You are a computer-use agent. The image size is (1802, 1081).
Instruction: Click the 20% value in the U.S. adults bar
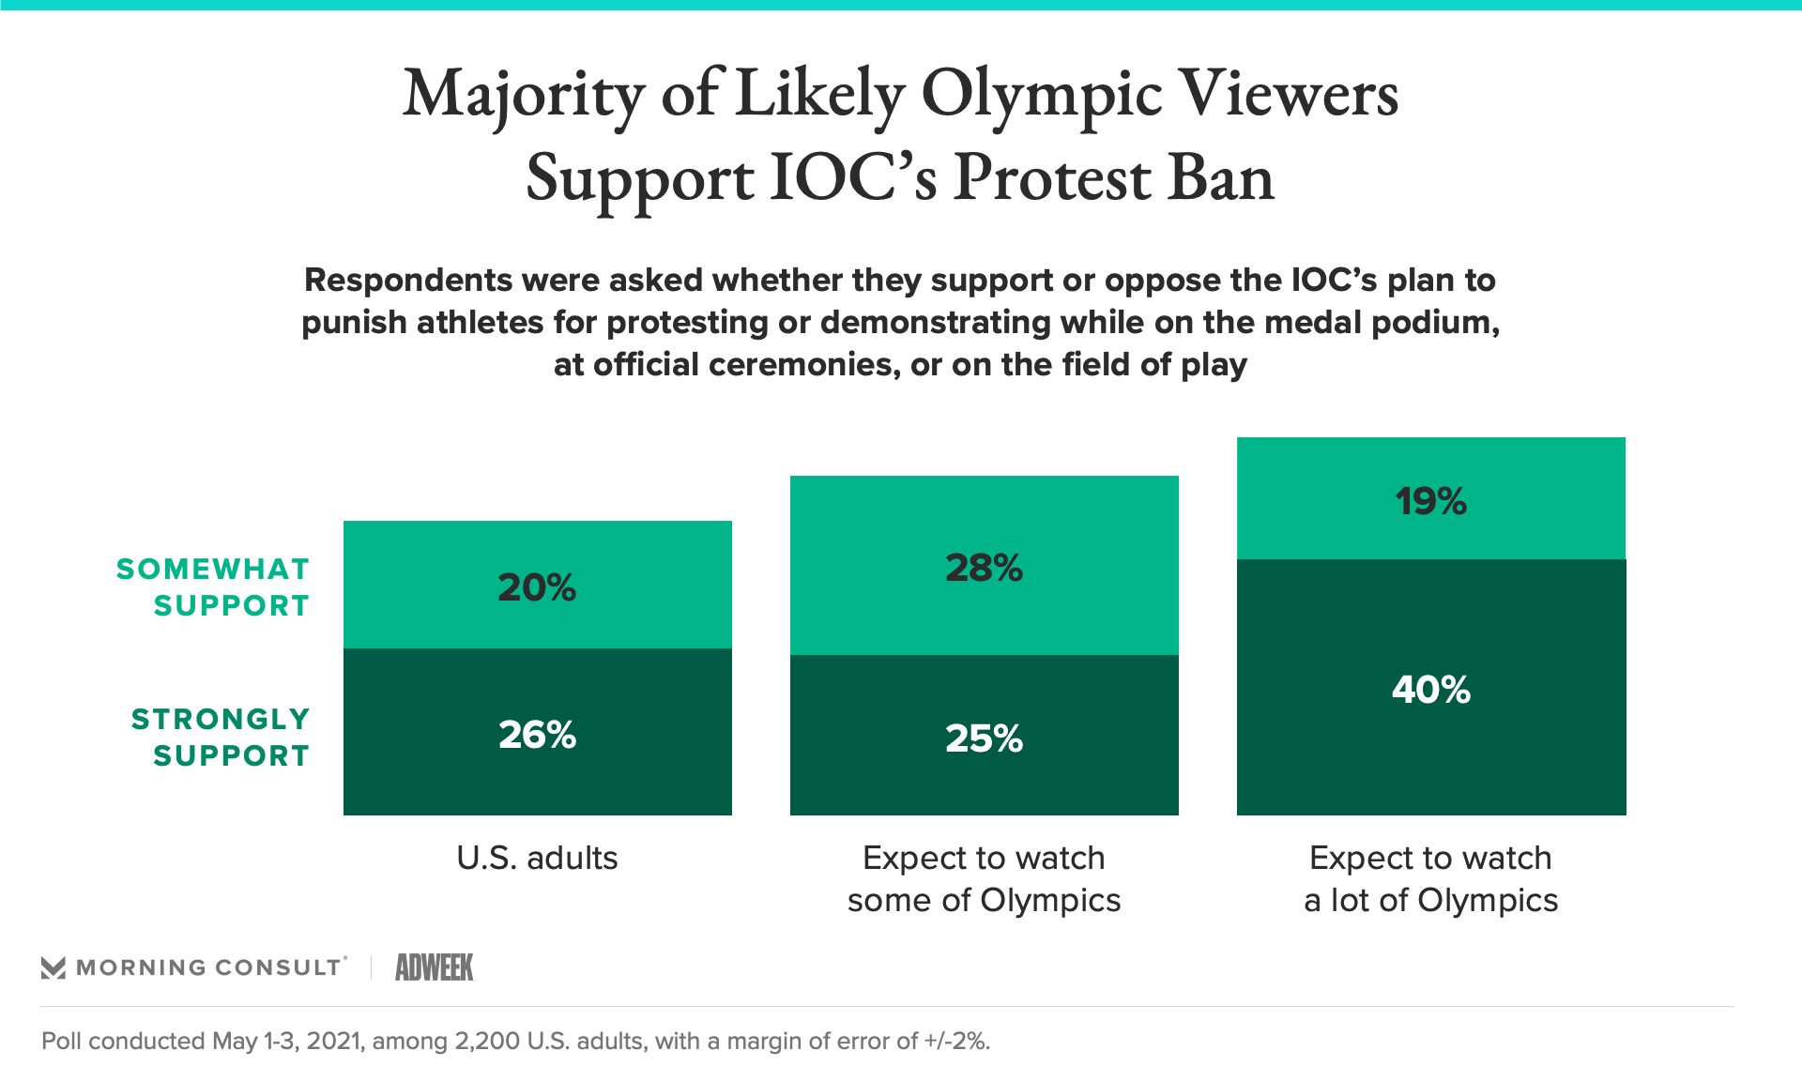(537, 587)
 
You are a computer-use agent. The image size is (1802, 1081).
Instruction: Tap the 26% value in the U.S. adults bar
(537, 735)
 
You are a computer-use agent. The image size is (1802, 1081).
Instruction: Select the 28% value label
(984, 568)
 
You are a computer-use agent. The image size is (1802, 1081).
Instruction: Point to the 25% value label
(984, 738)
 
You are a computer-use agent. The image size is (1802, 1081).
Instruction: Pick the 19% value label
(1430, 501)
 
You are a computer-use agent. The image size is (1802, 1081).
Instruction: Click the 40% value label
(1430, 690)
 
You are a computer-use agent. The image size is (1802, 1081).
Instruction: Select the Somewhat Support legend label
(213, 587)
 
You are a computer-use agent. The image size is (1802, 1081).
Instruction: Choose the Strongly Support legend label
(221, 738)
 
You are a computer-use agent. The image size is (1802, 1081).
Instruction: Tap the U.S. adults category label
(537, 858)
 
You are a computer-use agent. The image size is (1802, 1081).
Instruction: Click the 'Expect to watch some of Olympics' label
(984, 879)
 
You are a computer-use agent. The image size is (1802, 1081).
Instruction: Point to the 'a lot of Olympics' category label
(1430, 900)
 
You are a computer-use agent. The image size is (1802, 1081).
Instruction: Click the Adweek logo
(435, 967)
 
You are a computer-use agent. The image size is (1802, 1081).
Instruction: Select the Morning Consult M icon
(53, 967)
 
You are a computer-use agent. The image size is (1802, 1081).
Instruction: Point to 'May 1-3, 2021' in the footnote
(287, 1041)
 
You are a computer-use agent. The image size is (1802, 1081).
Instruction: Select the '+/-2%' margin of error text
(957, 1041)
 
